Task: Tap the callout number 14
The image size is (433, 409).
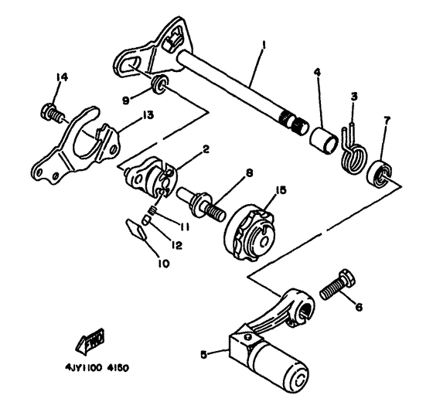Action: click(x=62, y=76)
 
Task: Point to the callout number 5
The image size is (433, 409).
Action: click(x=204, y=355)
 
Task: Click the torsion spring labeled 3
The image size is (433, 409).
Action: click(x=352, y=147)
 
